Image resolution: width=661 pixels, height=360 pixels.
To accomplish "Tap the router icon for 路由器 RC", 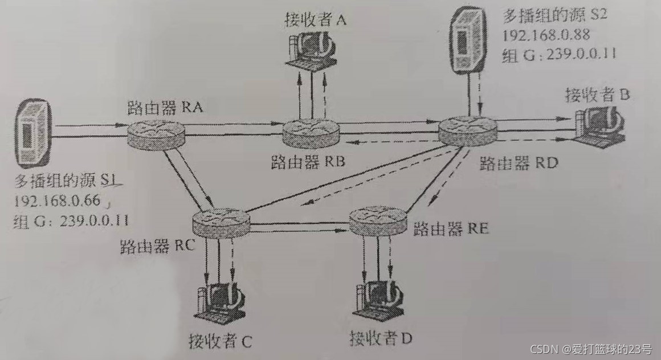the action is pyautogui.click(x=221, y=222).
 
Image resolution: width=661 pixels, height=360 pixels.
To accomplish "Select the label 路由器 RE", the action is pyautogui.click(x=451, y=230).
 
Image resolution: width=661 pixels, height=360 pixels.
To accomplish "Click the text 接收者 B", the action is pyautogui.click(x=597, y=93).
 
